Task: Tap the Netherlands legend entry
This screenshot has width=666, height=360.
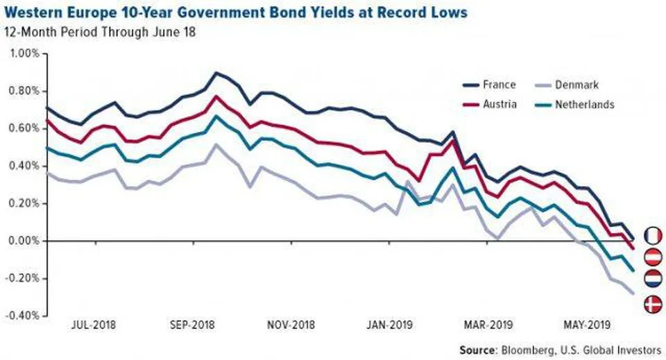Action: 583,105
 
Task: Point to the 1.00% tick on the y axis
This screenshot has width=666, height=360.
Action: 25,53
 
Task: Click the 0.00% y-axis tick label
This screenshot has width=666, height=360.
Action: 25,241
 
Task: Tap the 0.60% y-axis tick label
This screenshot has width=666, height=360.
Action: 25,128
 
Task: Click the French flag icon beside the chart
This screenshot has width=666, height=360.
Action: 653,236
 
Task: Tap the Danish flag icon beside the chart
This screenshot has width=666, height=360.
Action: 653,303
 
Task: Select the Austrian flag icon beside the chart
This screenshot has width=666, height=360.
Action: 653,258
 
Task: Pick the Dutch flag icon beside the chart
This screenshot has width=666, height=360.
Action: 653,280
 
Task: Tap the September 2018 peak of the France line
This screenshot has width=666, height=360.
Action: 216,72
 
